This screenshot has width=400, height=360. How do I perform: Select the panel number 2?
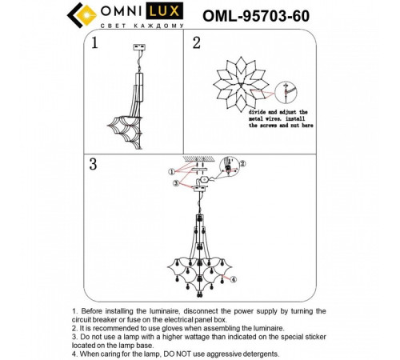(x=196, y=43)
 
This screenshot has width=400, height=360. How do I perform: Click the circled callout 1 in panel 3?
(x=170, y=172)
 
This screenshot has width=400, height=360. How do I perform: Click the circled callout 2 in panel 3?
(x=244, y=163)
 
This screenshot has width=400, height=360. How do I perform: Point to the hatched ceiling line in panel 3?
(x=197, y=159)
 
